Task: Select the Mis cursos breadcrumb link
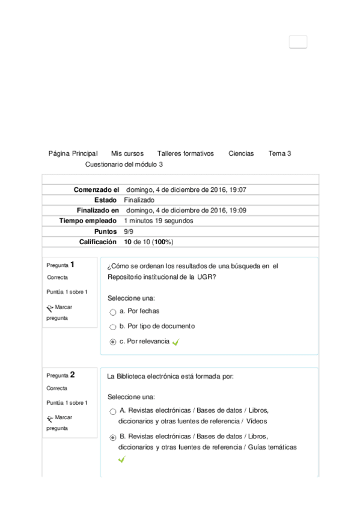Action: point(127,153)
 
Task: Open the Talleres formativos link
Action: point(185,153)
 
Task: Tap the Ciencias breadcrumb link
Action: point(241,153)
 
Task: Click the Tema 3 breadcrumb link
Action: point(280,153)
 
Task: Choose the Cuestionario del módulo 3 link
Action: point(124,164)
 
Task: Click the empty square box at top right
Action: point(298,41)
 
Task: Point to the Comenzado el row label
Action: point(96,189)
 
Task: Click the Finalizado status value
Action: point(139,200)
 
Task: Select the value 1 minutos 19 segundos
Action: point(159,221)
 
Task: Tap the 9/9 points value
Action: point(129,231)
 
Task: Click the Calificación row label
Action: point(98,242)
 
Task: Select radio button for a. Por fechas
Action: point(113,312)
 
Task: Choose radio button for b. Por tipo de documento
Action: point(113,327)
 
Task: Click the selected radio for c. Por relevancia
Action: point(113,342)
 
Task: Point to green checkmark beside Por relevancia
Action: point(175,342)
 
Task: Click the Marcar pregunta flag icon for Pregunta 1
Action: point(50,307)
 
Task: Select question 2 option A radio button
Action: point(113,412)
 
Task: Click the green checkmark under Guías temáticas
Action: point(122,459)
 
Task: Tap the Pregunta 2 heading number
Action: point(72,374)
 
